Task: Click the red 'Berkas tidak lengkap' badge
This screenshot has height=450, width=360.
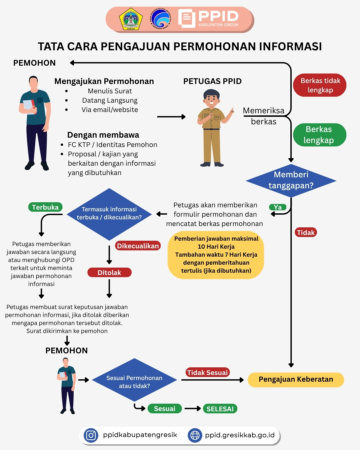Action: tap(320, 85)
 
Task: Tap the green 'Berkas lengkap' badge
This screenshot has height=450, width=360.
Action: tap(319, 135)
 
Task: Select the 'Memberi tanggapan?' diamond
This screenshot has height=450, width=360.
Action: tap(291, 180)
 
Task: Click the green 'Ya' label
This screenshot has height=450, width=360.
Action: tap(278, 207)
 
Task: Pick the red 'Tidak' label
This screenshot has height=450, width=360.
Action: tap(306, 232)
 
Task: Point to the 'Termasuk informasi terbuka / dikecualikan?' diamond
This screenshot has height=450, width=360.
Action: tap(109, 214)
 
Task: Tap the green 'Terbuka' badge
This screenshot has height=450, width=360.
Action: tap(45, 207)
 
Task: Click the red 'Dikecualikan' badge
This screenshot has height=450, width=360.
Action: tap(138, 246)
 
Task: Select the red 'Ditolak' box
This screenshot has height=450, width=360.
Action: tap(109, 273)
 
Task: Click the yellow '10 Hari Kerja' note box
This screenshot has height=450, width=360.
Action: tap(216, 255)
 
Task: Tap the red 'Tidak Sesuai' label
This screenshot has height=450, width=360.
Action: tap(207, 373)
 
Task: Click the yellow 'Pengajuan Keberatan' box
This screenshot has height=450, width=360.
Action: tap(296, 380)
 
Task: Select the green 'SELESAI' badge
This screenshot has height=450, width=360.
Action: tap(220, 409)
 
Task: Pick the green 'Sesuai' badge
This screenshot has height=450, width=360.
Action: tap(165, 409)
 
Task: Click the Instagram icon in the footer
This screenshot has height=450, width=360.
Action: tap(91, 435)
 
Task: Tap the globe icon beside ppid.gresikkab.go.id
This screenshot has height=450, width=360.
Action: tap(195, 435)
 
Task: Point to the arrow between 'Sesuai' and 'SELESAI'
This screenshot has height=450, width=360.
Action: tap(193, 409)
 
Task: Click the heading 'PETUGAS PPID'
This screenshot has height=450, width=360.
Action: tap(212, 81)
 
